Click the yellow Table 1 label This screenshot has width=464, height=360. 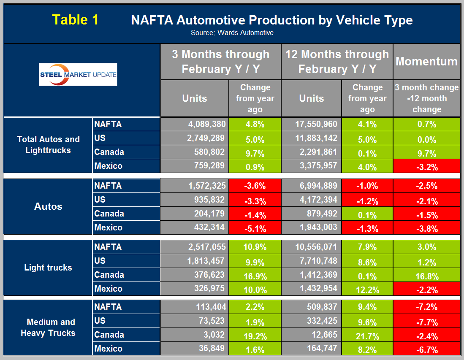[x=75, y=20]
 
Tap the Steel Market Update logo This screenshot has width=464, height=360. [x=78, y=75]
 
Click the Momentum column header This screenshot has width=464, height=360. [x=426, y=62]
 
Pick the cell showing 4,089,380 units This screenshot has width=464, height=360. [x=195, y=124]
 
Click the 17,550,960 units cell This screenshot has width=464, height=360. [x=311, y=124]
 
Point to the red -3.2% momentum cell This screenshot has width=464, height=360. [x=426, y=166]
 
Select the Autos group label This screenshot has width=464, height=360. [x=48, y=206]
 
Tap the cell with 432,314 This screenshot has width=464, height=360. [x=195, y=227]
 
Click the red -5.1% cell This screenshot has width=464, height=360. [x=255, y=228]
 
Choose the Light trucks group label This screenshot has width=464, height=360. [x=48, y=268]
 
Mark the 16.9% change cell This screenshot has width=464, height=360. [x=255, y=275]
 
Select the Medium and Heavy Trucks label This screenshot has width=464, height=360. [x=48, y=328]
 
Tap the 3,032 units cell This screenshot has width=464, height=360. [x=195, y=335]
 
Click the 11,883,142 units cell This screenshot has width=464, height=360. [x=311, y=138]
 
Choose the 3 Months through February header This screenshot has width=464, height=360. [x=220, y=62]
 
